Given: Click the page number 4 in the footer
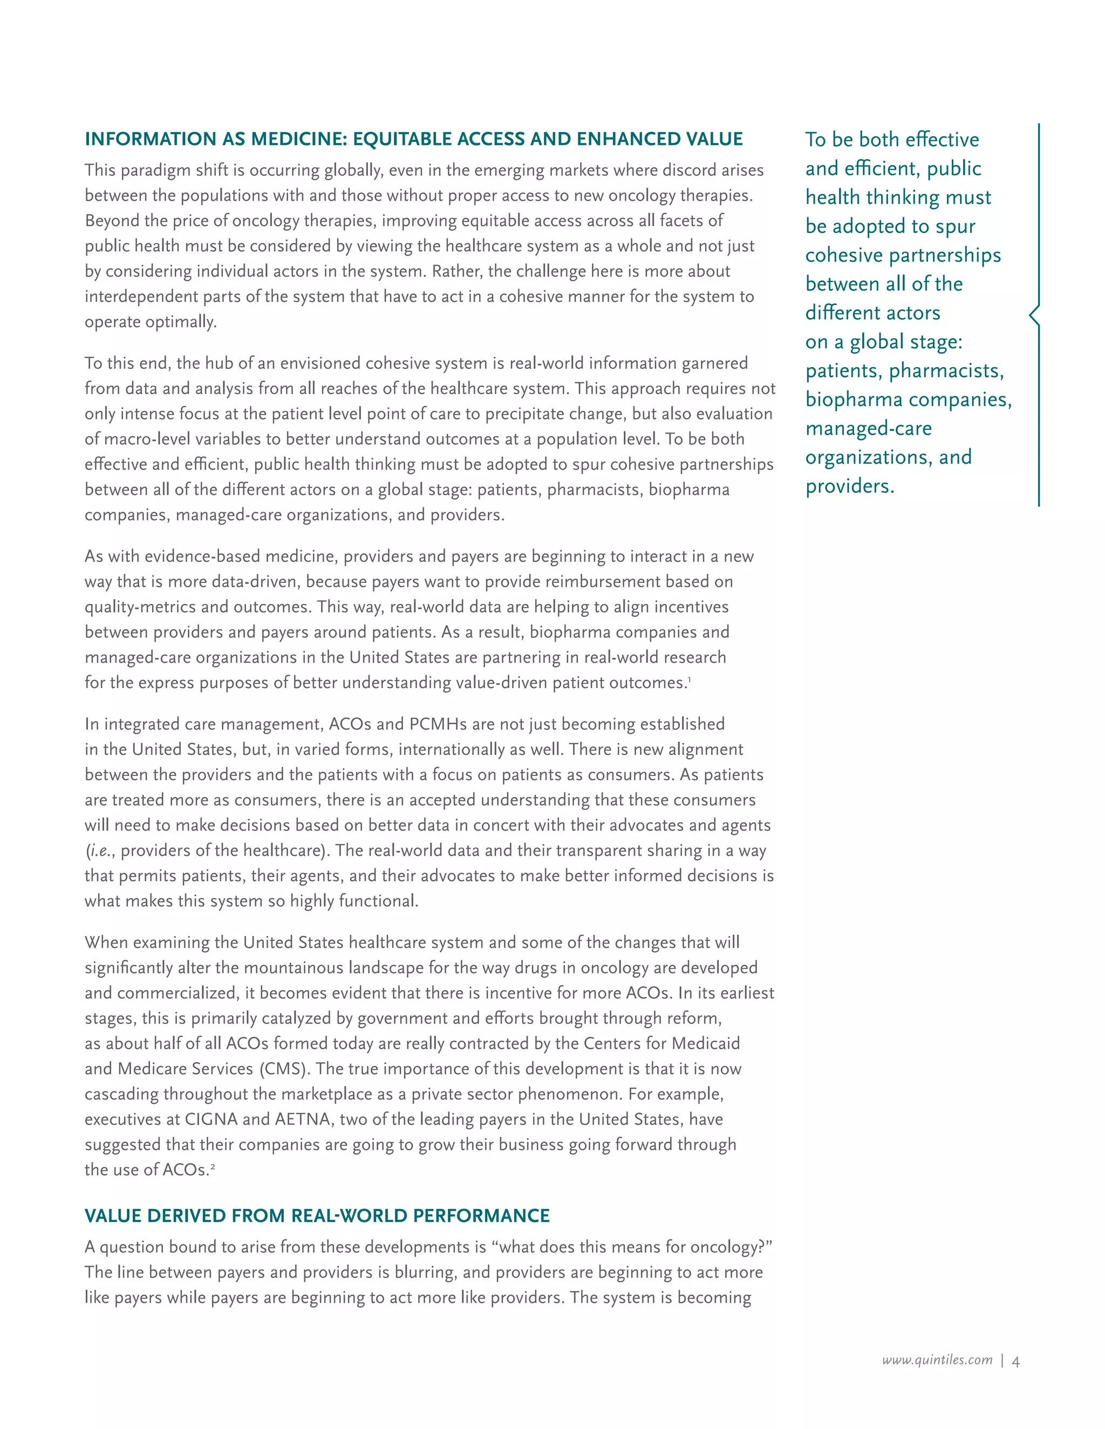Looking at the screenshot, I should (x=1015, y=1362).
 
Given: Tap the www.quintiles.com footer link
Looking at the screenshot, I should (x=937, y=1361).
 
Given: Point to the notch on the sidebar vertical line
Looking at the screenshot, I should (x=1032, y=315).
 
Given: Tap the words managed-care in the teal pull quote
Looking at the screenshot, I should (x=869, y=429).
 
